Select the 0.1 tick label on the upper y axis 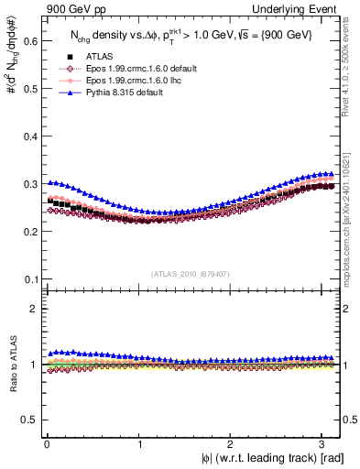[30, 278]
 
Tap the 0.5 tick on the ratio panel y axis [30, 420]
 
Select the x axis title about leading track [272, 458]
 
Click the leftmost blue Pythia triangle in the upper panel [49, 182]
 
